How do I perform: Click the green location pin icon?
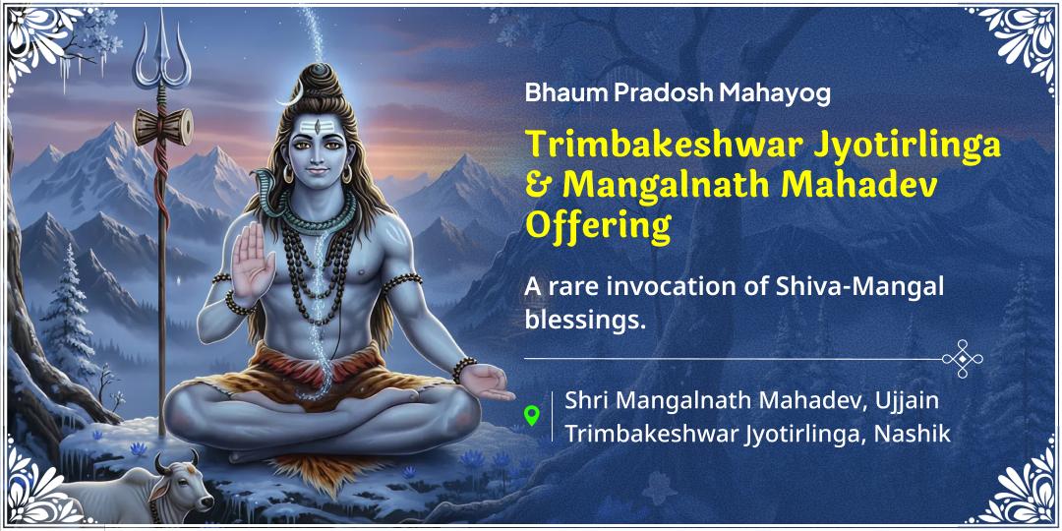[532, 415]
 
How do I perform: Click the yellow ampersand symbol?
[537, 186]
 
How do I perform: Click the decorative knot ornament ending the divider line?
[962, 359]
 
